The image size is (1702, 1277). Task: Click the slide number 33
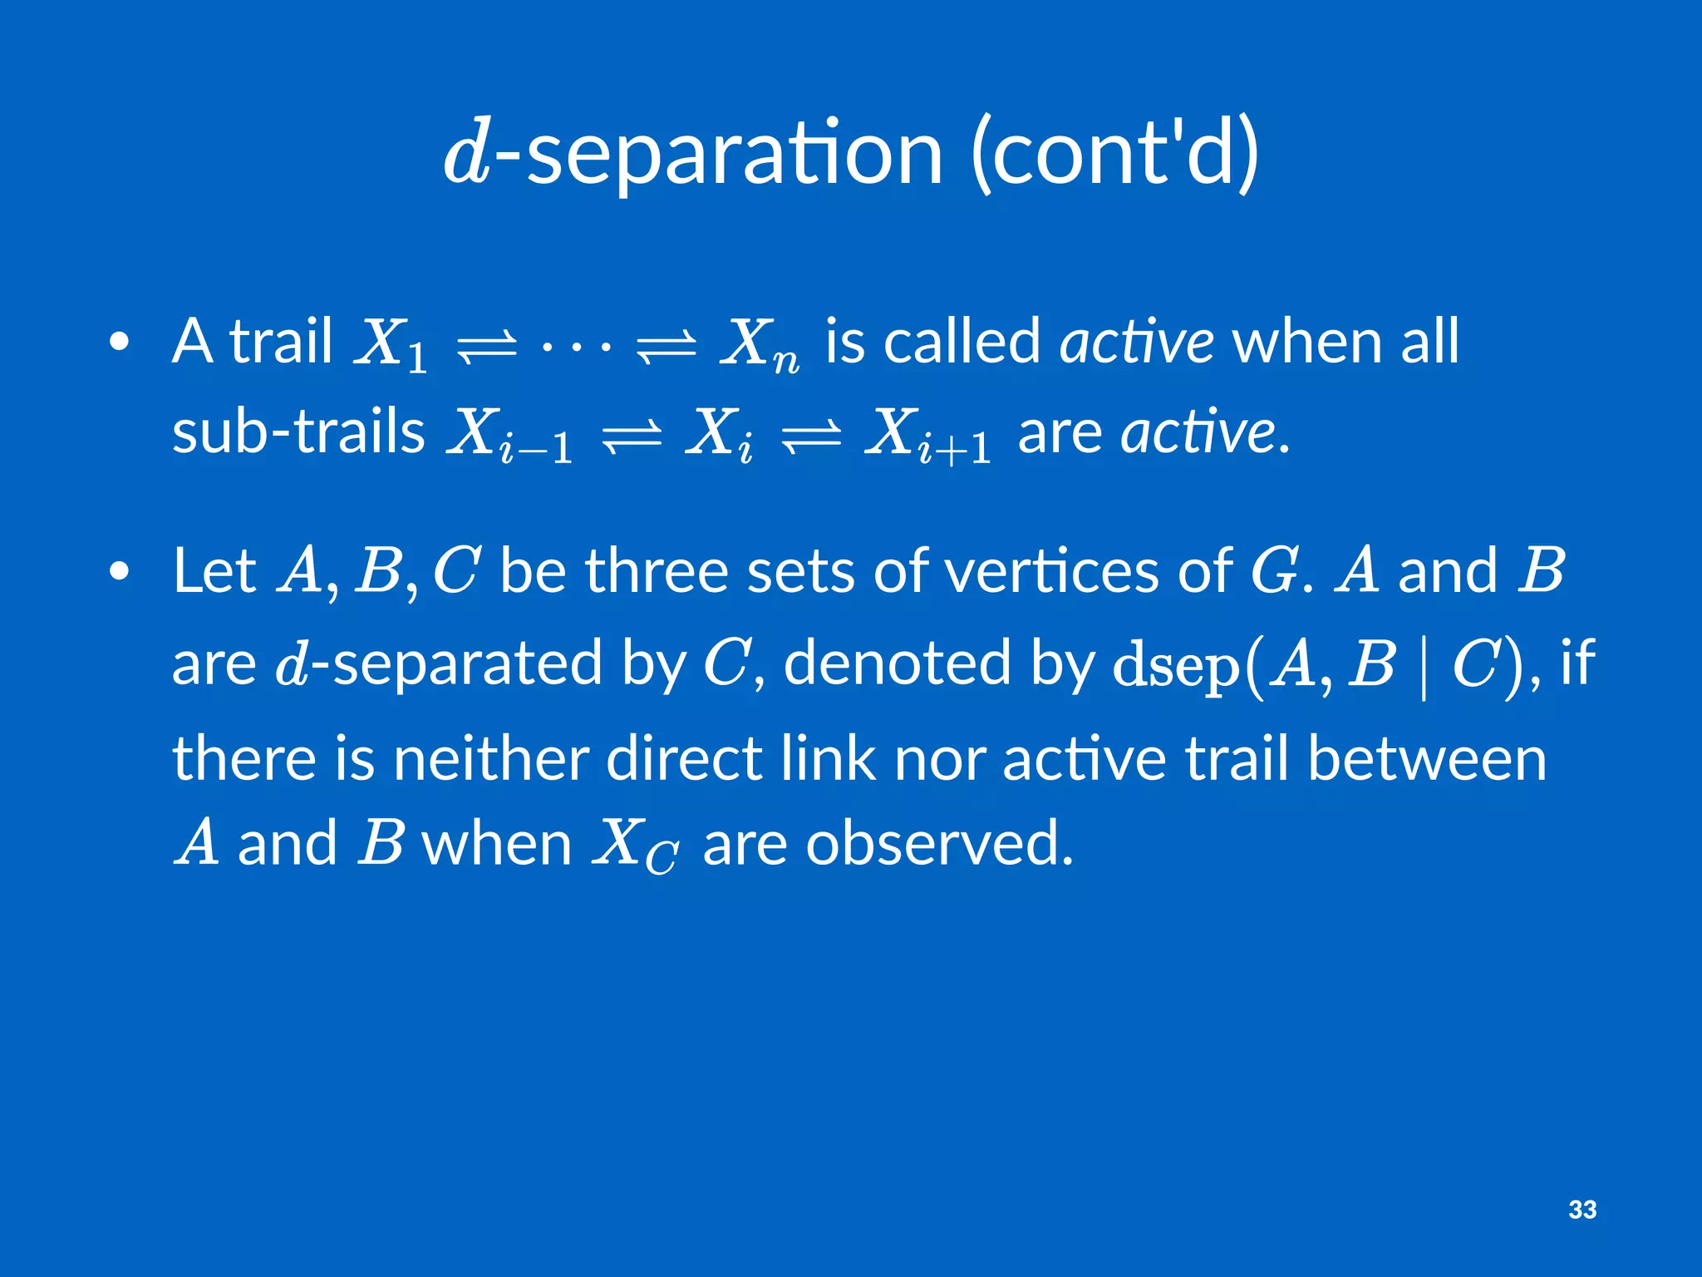pyautogui.click(x=1582, y=1209)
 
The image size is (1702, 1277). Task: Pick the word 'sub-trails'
pyautogui.click(x=298, y=432)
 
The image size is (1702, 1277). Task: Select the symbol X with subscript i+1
pyautogui.click(x=927, y=436)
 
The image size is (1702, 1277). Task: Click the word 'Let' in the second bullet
pyautogui.click(x=214, y=572)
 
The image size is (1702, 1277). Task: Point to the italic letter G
pyautogui.click(x=1273, y=572)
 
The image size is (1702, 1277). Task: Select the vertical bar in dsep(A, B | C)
pyautogui.click(x=1424, y=665)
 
